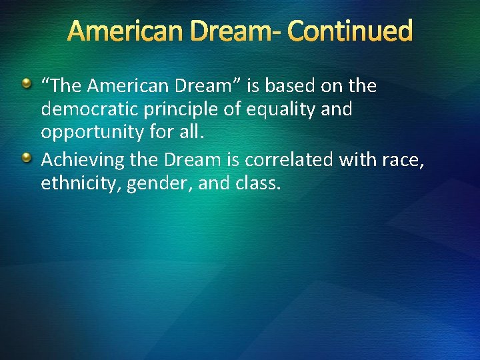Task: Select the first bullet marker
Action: coord(27,85)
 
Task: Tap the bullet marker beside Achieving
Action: coord(27,158)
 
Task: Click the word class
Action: coord(258,183)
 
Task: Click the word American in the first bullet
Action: coord(130,86)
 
